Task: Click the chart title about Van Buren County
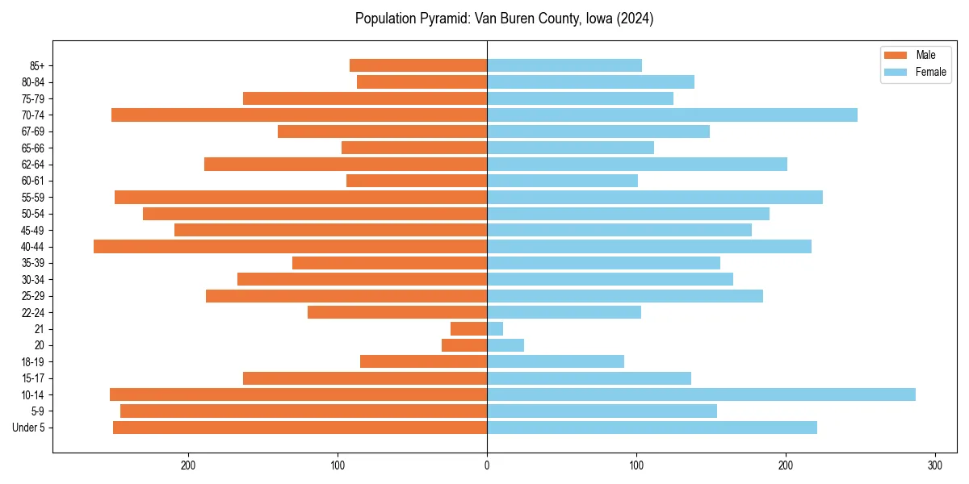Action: point(504,19)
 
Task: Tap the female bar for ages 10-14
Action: point(701,394)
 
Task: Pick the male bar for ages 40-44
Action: point(291,247)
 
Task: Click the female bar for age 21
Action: point(495,329)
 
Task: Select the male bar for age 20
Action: point(464,345)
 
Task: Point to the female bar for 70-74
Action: point(672,115)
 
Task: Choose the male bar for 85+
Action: point(418,65)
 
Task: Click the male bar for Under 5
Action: point(300,428)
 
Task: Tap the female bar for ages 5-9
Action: point(602,411)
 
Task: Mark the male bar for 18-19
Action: point(424,361)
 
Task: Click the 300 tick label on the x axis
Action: point(935,465)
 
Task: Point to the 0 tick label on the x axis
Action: point(487,465)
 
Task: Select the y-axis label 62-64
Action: point(33,165)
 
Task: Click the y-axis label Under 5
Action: point(29,428)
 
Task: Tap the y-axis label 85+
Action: point(38,65)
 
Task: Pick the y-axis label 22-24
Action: point(33,312)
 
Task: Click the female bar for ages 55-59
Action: point(655,198)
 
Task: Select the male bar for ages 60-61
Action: point(417,181)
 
